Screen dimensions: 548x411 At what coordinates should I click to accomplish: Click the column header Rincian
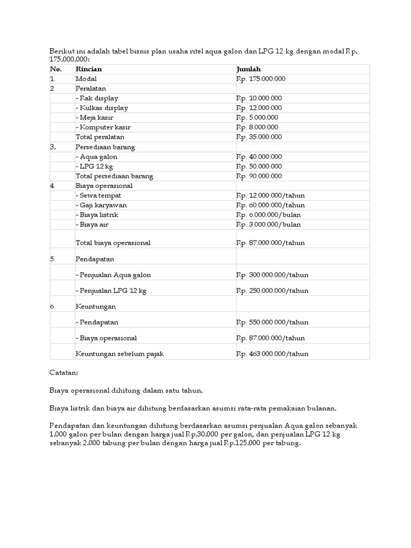pyautogui.click(x=89, y=69)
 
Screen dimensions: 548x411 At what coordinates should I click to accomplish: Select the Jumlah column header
pyautogui.click(x=248, y=69)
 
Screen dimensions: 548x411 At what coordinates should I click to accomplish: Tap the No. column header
pyautogui.click(x=56, y=69)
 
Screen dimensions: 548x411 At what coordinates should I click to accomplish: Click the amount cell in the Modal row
pyautogui.click(x=261, y=79)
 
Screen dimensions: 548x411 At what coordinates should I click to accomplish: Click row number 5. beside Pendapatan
pyautogui.click(x=53, y=258)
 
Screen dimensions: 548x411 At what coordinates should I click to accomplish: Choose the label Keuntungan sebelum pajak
pyautogui.click(x=119, y=354)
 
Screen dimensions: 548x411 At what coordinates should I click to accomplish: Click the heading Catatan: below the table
pyautogui.click(x=64, y=370)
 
